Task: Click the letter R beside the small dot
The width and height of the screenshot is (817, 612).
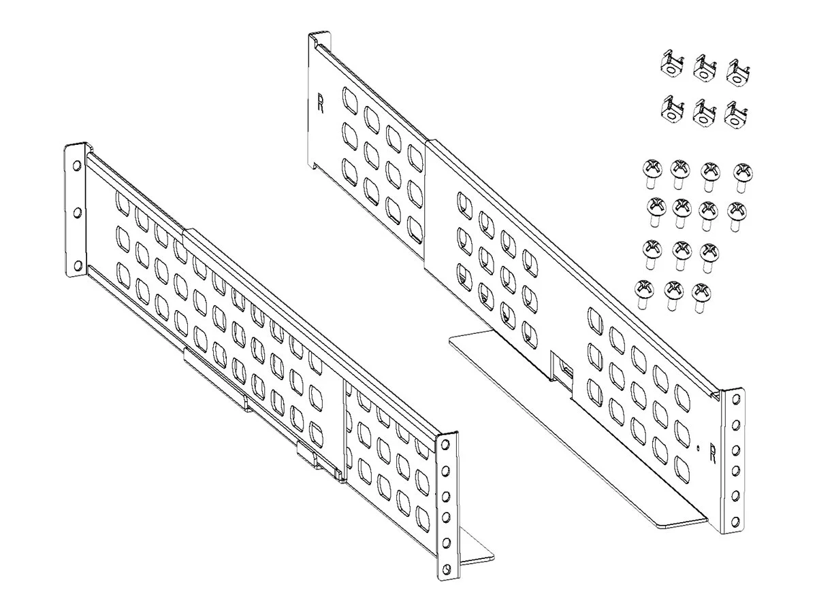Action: pos(712,454)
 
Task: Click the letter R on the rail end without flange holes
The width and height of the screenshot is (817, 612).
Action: pos(321,103)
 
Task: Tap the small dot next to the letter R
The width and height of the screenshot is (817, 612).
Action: pos(698,449)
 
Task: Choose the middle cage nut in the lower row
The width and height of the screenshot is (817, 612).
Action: pos(705,115)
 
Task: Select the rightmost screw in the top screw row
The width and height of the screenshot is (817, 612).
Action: pos(743,177)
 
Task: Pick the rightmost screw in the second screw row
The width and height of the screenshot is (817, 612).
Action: pos(737,216)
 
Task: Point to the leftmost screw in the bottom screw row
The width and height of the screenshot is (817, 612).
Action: pos(643,294)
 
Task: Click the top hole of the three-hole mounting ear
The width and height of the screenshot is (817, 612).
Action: pos(77,165)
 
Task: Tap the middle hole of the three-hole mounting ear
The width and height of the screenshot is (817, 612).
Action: pos(78,213)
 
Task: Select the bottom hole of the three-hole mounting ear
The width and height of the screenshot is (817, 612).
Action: pos(78,265)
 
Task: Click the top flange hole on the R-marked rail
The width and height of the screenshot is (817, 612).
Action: pos(736,399)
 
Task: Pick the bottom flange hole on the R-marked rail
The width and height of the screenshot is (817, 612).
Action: pos(735,522)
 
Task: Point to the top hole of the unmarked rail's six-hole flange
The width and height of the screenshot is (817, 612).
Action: pos(445,444)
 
